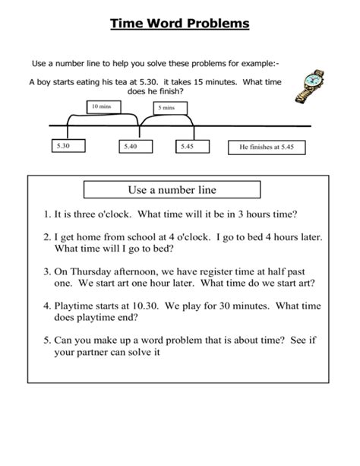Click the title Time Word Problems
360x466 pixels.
(x=180, y=24)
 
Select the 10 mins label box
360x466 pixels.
(x=101, y=106)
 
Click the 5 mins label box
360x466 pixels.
(x=166, y=108)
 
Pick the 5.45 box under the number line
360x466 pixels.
(x=188, y=145)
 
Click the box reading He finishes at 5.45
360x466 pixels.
(x=266, y=146)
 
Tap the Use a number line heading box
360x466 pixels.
(x=172, y=189)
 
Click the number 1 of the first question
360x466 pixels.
(x=46, y=214)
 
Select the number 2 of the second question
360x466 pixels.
(x=46, y=237)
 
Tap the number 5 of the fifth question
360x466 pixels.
(x=46, y=341)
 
